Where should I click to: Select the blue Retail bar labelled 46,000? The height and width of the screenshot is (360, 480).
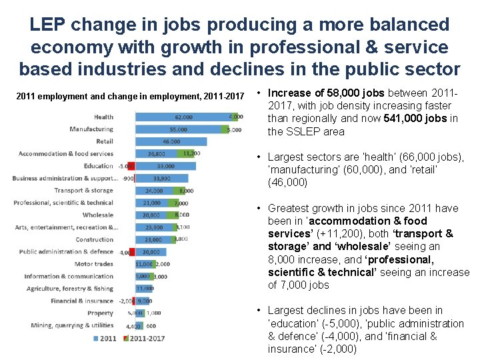click(x=170, y=141)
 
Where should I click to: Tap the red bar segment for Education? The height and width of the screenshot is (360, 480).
click(x=132, y=166)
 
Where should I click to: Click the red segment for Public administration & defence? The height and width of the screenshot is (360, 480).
click(x=132, y=252)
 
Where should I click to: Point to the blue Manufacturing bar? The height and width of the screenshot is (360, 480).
click(x=177, y=129)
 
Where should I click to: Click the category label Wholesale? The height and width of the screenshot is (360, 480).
click(x=98, y=215)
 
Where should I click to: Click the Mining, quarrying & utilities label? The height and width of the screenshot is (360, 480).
click(x=72, y=325)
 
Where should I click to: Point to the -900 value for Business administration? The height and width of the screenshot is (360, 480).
click(x=127, y=179)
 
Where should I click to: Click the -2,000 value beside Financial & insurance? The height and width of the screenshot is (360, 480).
click(x=125, y=301)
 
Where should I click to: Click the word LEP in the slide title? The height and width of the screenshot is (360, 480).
click(x=48, y=25)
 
